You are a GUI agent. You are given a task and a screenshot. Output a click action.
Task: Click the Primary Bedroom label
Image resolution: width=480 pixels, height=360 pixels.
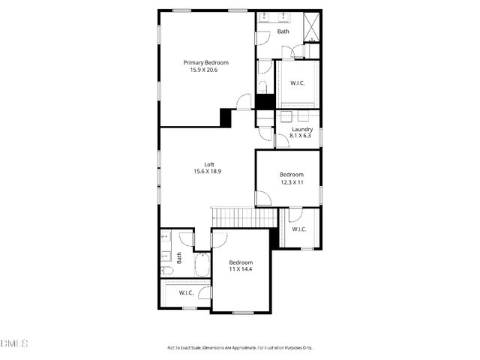pos(206,63)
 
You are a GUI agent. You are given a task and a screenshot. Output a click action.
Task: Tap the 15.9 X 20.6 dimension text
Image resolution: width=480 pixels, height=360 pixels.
pos(206,70)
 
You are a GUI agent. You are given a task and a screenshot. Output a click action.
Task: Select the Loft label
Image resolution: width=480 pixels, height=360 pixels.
pos(209,164)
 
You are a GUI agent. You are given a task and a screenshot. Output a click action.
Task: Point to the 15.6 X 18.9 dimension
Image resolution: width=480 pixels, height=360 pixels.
pos(208,172)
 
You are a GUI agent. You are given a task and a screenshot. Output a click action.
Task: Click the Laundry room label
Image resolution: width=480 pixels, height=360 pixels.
pos(302,129)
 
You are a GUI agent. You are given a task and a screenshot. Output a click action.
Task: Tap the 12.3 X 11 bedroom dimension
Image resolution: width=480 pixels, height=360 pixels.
pos(292,181)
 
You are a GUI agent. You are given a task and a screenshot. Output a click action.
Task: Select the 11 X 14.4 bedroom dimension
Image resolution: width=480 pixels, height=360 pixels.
pos(241,269)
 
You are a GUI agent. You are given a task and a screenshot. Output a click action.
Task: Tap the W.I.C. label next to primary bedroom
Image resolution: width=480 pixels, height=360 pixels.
pos(298,84)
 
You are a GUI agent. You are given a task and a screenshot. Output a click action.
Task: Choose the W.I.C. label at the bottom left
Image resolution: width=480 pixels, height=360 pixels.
pos(186,292)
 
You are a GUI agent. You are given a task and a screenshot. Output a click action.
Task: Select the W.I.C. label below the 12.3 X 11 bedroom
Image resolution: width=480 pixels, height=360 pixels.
pos(298,229)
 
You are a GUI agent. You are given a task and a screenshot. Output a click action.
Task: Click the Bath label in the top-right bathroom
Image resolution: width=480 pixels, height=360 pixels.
pos(283,31)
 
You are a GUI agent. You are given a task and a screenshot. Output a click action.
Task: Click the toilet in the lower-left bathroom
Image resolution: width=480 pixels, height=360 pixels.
pos(167,270)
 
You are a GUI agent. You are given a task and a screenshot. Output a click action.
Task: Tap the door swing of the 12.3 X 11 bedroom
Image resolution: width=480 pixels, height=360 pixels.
pos(263,199)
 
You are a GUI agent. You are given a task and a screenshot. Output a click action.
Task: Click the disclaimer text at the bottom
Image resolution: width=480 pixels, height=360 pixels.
pos(239,348)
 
